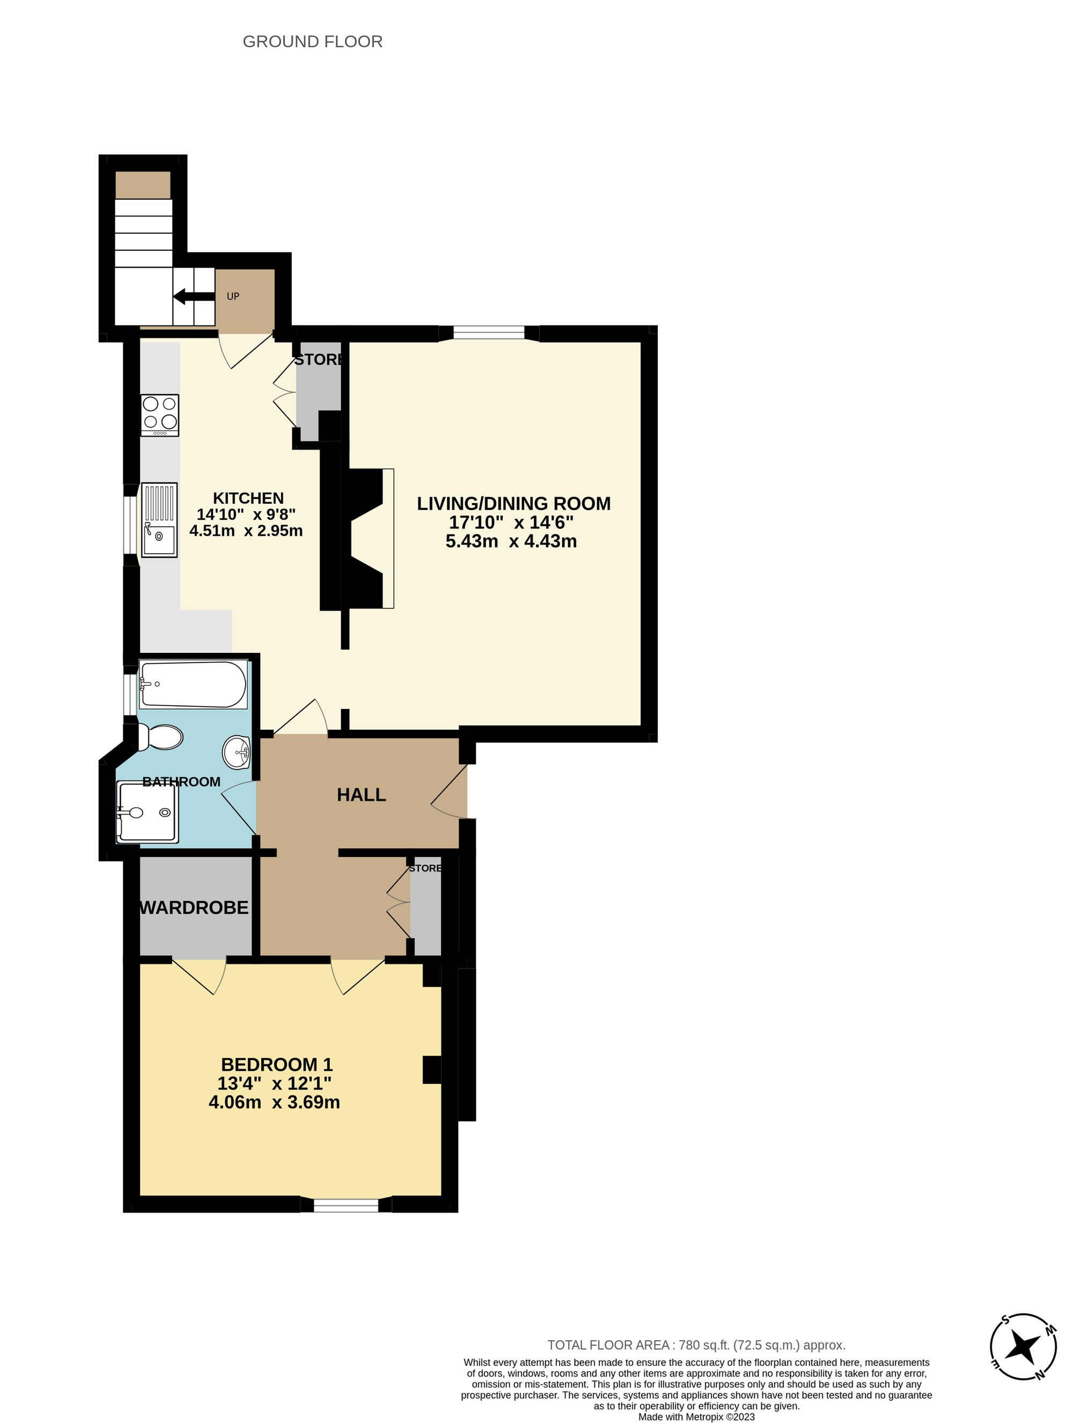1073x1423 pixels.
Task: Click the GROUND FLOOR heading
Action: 312,42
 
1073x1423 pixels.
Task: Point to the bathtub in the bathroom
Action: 193,685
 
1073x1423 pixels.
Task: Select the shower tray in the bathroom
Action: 147,812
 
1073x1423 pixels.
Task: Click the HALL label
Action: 361,795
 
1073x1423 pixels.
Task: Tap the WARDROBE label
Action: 194,907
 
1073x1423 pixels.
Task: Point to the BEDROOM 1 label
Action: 276,1065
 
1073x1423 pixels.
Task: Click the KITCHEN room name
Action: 248,498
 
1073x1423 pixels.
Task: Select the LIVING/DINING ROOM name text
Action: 513,504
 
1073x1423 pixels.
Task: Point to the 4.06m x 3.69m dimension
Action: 275,1102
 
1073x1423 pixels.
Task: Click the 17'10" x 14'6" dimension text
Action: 511,522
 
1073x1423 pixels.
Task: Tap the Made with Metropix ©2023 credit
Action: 696,1416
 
